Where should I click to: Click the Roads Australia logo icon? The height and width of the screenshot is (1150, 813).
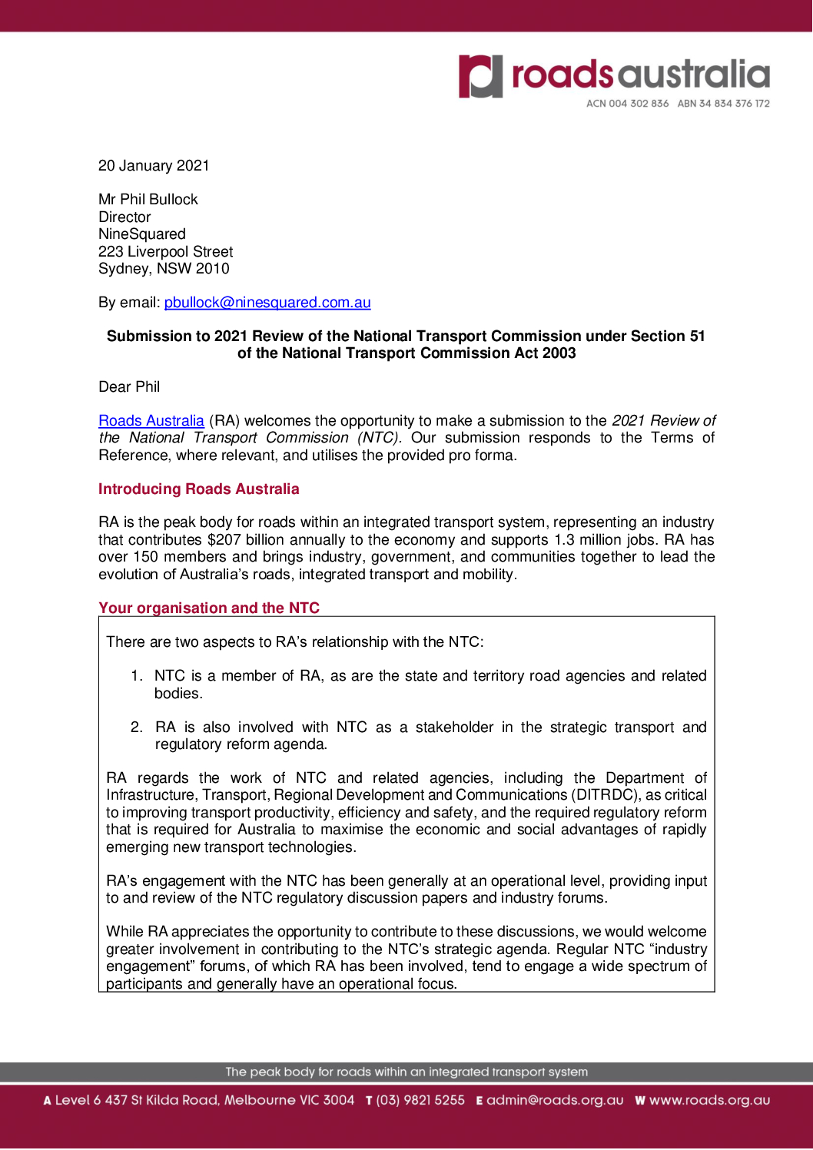[x=480, y=76]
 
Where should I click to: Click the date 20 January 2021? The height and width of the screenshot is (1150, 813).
[x=154, y=166]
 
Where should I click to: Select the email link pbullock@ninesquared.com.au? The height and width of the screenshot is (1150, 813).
[x=267, y=303]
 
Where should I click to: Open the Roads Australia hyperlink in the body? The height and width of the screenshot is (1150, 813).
[x=151, y=421]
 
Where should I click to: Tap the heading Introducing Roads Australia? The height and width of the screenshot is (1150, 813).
[x=198, y=489]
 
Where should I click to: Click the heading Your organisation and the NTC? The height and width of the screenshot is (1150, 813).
[x=209, y=608]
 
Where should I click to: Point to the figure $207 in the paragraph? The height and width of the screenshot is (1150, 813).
[x=224, y=540]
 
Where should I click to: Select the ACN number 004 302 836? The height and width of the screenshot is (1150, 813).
[x=639, y=104]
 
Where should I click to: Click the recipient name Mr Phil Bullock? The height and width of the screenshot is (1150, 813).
[x=148, y=200]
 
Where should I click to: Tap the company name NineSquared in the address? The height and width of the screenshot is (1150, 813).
[x=142, y=234]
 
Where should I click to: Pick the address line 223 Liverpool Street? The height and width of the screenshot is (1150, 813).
[x=166, y=252]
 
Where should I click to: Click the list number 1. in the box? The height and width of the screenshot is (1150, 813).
[x=136, y=676]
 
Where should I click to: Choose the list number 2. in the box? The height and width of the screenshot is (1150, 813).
[x=136, y=727]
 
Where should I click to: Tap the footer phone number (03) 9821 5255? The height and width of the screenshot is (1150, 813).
[x=420, y=1101]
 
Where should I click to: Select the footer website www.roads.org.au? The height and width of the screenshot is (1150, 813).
[x=709, y=1101]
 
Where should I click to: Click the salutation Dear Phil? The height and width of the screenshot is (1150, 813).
[x=129, y=387]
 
